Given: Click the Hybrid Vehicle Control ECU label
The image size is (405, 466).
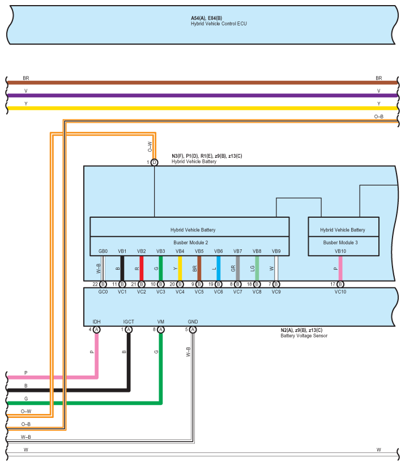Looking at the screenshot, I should click(219, 24).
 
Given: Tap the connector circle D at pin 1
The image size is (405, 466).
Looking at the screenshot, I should click(154, 162).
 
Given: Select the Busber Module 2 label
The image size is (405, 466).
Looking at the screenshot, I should click(189, 242).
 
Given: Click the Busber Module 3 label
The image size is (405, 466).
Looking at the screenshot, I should click(342, 242).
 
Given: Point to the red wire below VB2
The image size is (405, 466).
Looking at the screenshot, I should click(142, 269).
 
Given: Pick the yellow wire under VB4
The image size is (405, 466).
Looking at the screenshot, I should click(180, 269).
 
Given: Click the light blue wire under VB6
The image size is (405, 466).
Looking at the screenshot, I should click(219, 269).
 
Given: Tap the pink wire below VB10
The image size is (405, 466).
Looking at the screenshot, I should click(340, 269).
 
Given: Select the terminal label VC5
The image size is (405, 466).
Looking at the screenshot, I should click(199, 292).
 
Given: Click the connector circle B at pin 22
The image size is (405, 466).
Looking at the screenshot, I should click(103, 284).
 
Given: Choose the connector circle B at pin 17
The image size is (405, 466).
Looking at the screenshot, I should click(340, 284).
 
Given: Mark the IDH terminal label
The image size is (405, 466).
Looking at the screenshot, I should click(96, 322).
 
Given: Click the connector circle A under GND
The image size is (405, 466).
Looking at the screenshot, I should click(193, 330).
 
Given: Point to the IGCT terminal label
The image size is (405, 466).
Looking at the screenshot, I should click(129, 322).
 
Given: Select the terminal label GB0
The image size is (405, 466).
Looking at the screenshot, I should click(103, 251).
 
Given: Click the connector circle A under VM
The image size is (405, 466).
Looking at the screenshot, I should click(161, 330).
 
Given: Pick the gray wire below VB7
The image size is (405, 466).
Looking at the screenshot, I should click(238, 269).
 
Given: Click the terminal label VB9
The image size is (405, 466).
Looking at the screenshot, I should click(276, 251).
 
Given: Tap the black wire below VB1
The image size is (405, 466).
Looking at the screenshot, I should click(122, 269).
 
